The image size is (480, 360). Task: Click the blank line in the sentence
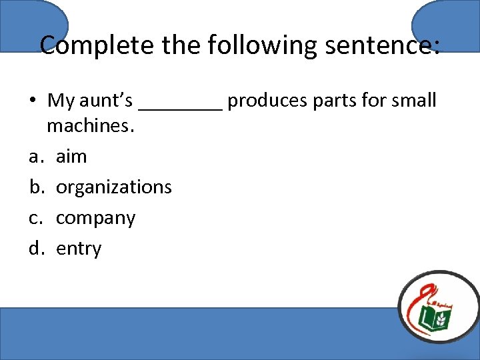pos(180,107)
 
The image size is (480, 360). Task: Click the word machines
pos(91,125)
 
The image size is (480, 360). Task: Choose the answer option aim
pos(71,157)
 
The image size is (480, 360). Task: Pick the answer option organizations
pos(114,187)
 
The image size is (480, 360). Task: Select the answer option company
pos(95,219)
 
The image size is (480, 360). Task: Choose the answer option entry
pos(79,249)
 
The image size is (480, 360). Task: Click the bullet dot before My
pos(32,101)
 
